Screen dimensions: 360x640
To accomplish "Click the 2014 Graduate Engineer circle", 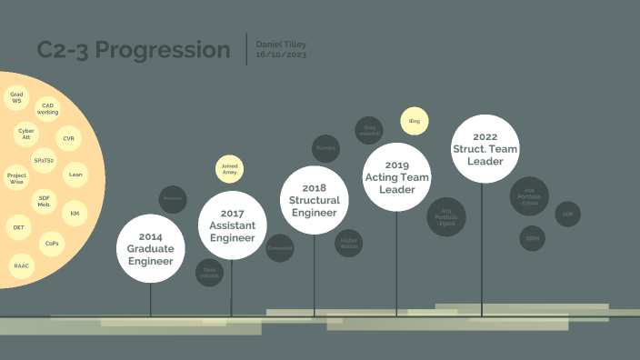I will [151, 248].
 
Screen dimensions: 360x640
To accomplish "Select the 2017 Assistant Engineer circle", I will [233, 225].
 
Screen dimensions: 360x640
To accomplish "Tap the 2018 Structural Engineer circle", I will [315, 200].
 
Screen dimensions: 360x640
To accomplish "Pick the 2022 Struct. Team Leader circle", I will [485, 148].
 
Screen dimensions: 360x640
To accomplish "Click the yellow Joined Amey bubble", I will [229, 168].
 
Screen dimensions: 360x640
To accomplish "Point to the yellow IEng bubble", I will [415, 122].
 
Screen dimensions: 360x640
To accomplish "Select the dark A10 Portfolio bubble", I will [530, 196].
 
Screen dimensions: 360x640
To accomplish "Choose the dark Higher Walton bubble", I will [349, 243].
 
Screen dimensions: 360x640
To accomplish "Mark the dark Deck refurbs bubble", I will [209, 273].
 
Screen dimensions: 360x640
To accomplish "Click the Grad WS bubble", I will [16, 97].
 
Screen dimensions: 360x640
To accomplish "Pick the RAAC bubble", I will [21, 266].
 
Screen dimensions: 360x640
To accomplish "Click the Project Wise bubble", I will [16, 178].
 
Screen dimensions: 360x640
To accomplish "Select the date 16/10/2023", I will [281, 55].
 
